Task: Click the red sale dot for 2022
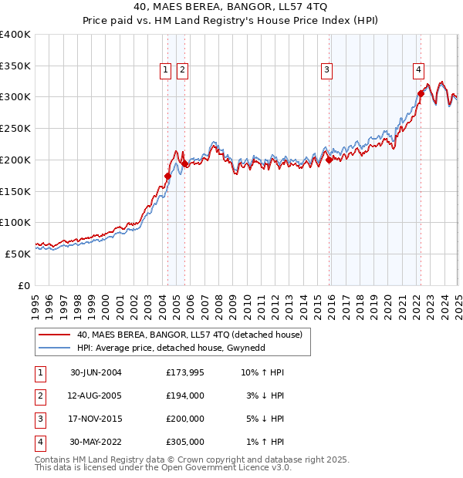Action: coord(421,93)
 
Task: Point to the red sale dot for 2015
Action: coord(330,160)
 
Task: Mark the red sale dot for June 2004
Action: coord(167,176)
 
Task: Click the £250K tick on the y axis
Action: coord(15,128)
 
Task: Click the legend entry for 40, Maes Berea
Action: coord(193,335)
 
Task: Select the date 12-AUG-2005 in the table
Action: coord(96,396)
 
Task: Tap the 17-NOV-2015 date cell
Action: coord(96,419)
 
